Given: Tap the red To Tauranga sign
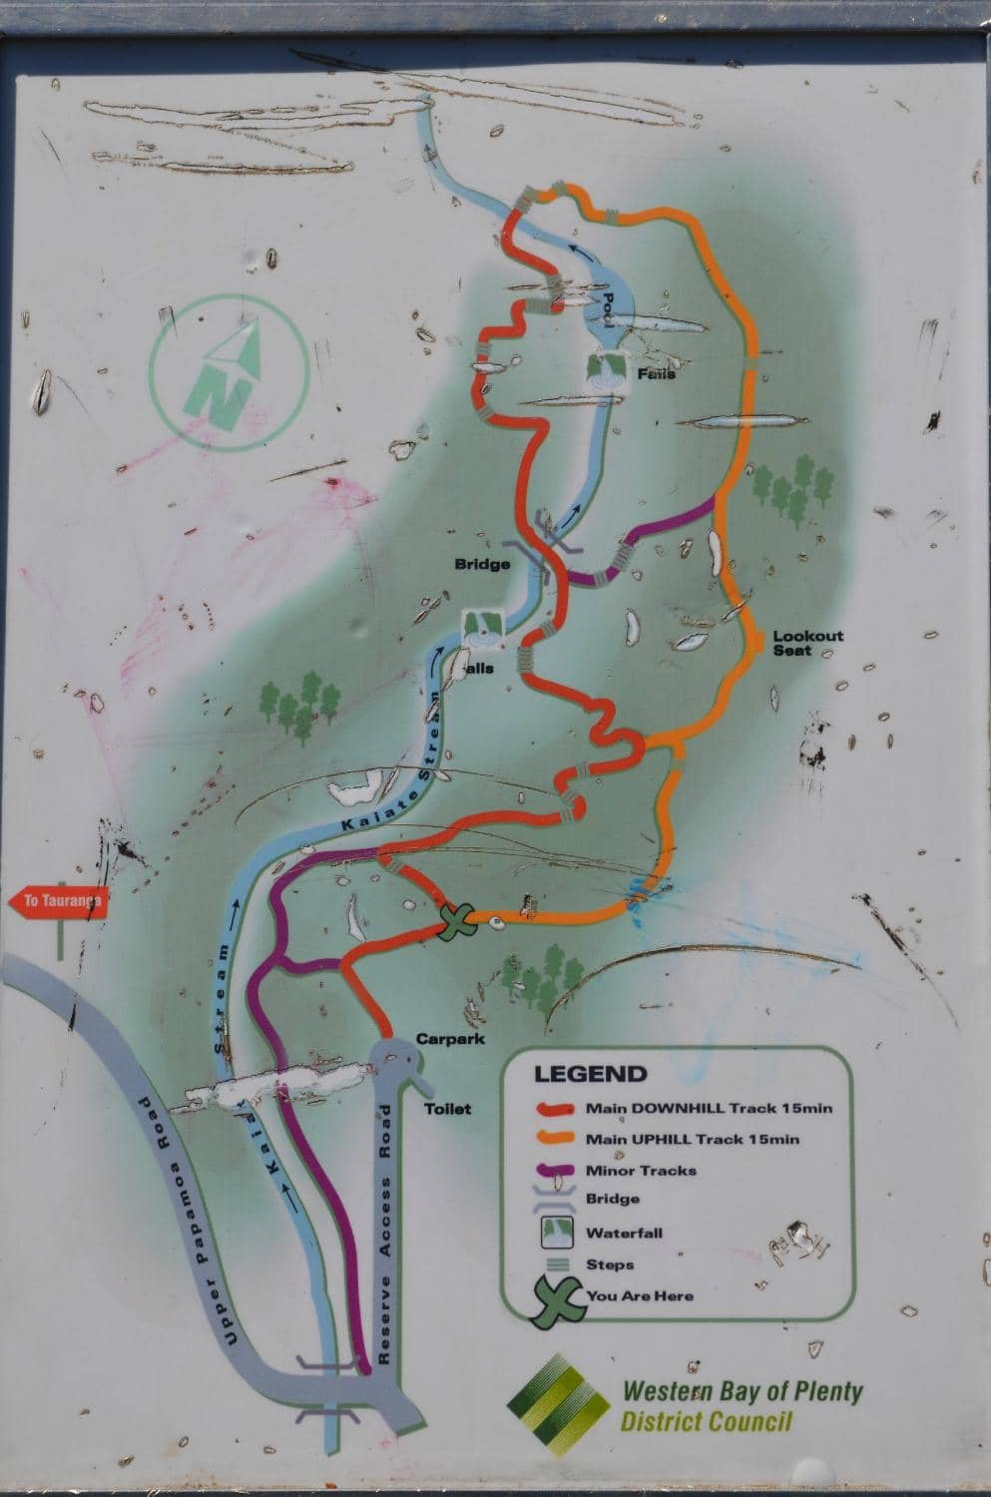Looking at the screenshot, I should coord(58,902).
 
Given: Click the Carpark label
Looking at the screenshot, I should coord(451,1039).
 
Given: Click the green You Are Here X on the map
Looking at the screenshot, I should coord(458,920).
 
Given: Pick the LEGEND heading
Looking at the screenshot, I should coord(591,1075).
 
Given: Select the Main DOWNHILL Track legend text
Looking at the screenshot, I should coord(709,1108).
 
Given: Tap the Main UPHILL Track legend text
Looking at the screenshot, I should coord(693,1139).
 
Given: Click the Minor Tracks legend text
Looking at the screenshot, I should coord(641,1171).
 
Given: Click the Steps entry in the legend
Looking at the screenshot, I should coord(609,1264).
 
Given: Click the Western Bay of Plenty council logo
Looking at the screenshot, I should coord(559,1404).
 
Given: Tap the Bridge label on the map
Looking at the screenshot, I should coord(483,564).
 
